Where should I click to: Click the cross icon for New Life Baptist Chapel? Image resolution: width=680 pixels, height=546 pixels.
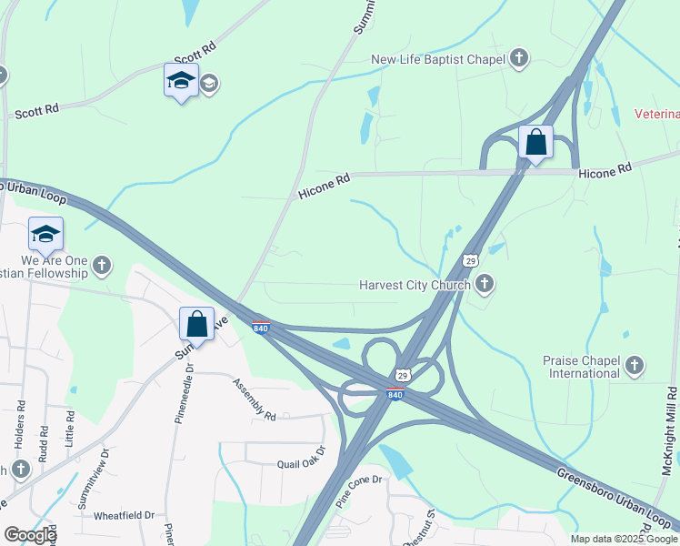pyautogui.click(x=519, y=60)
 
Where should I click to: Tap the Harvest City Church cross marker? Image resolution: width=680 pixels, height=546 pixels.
pyautogui.click(x=485, y=285)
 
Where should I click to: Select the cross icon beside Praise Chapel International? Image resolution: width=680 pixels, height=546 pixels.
pyautogui.click(x=635, y=366)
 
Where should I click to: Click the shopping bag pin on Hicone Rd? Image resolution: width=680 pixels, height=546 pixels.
pyautogui.click(x=536, y=143)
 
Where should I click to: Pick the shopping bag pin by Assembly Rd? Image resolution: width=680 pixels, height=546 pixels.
pyautogui.click(x=196, y=323)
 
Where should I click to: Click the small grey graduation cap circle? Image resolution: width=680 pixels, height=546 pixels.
pyautogui.click(x=209, y=85)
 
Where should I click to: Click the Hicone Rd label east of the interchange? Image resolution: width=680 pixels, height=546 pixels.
pyautogui.click(x=605, y=170)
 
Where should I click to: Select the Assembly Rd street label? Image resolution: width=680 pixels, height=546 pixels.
pyautogui.click(x=253, y=400)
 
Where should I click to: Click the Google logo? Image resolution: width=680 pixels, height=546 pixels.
pyautogui.click(x=29, y=534)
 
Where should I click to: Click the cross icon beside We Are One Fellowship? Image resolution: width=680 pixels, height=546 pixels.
pyautogui.click(x=102, y=266)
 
